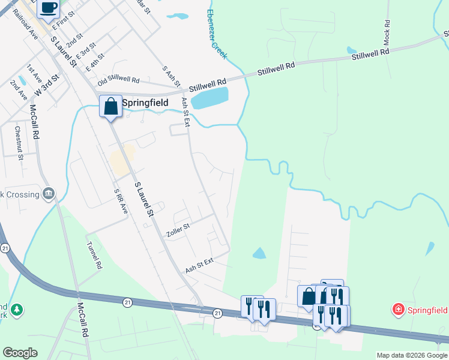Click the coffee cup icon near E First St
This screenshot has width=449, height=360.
(x=49, y=8)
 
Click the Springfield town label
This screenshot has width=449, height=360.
(x=145, y=103)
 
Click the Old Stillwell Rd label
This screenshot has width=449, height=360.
(x=119, y=79)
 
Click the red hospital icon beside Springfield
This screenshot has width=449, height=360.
(x=397, y=310)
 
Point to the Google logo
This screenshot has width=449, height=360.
(x=20, y=353)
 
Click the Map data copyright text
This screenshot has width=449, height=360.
(x=412, y=355)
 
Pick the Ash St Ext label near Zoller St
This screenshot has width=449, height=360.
(x=199, y=266)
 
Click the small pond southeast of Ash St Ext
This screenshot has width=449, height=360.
(x=259, y=253)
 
